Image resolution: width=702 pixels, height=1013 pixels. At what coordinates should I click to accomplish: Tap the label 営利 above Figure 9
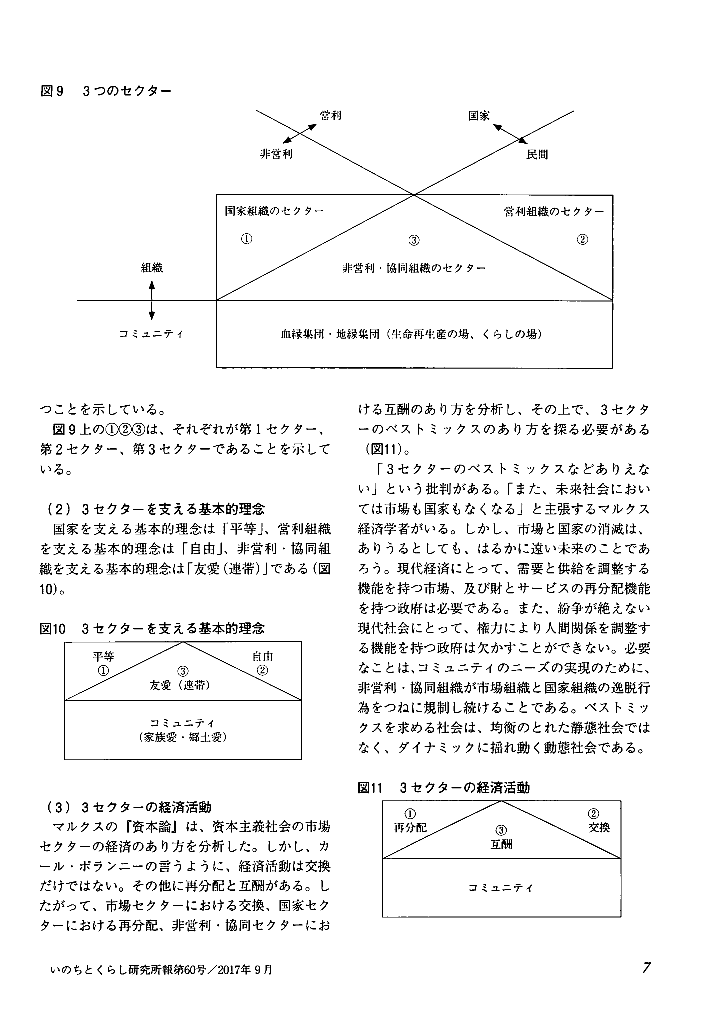pyautogui.click(x=330, y=115)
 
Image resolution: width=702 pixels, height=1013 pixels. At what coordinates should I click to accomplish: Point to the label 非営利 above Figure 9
pyautogui.click(x=276, y=154)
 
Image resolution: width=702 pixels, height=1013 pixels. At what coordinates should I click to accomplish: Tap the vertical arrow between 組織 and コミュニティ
pyautogui.click(x=152, y=300)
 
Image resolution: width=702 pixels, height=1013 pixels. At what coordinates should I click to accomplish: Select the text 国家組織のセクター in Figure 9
pyautogui.click(x=274, y=211)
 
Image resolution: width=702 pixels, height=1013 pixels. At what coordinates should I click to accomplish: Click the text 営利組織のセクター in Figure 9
pyautogui.click(x=554, y=212)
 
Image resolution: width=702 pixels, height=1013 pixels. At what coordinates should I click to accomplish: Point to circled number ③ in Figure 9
pyautogui.click(x=414, y=240)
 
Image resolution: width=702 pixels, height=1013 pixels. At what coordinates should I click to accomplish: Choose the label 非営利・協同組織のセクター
pyautogui.click(x=414, y=268)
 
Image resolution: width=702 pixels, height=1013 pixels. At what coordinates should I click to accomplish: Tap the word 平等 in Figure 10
pyautogui.click(x=103, y=656)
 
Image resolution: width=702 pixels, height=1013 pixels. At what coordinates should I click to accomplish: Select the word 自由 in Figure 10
pyautogui.click(x=263, y=656)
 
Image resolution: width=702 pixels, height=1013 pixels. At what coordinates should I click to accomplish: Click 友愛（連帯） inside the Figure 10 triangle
pyautogui.click(x=180, y=685)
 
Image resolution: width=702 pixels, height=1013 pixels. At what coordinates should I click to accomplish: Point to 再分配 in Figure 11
pyautogui.click(x=410, y=828)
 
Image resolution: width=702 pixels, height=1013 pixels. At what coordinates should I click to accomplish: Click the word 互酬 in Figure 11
pyautogui.click(x=501, y=844)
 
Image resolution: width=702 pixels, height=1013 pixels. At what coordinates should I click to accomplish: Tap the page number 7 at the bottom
pyautogui.click(x=646, y=968)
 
